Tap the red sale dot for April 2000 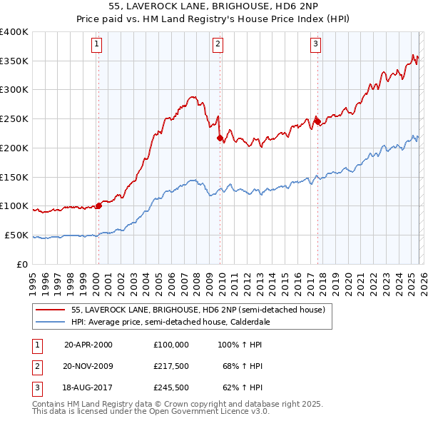98,206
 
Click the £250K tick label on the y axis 14,119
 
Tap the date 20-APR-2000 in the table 88,344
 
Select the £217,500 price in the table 171,366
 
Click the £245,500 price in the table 171,388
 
